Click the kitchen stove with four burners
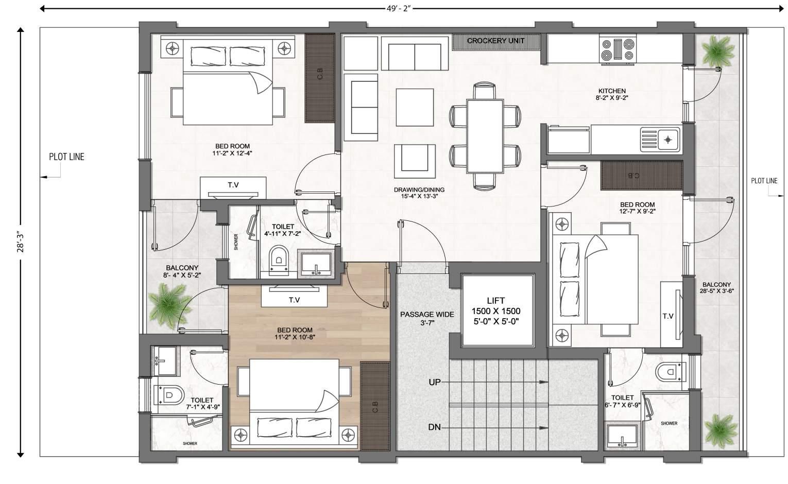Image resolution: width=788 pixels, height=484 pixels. point(618,49)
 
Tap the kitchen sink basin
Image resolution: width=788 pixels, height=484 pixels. point(660,140)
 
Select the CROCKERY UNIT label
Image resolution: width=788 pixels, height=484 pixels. point(496,41)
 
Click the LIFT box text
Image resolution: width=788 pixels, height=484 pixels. point(496,311)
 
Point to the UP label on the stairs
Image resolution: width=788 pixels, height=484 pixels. point(435,382)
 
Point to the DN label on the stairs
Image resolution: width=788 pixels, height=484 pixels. point(435,427)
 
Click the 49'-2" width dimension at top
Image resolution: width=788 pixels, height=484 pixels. point(399,8)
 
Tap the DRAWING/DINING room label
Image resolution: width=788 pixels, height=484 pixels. point(419,193)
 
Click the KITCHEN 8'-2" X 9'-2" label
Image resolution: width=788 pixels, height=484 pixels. point(612,94)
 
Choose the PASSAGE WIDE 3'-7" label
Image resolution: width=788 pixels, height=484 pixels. point(427,318)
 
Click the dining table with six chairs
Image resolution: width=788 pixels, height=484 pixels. point(485,136)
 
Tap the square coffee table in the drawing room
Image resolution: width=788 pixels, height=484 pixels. point(415,107)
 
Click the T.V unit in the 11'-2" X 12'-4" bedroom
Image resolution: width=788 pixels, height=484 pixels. point(233,188)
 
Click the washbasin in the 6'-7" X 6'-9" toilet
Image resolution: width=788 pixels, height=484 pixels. point(622,436)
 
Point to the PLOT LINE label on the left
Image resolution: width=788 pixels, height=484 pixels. point(66,157)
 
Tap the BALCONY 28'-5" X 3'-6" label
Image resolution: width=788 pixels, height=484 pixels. point(716,288)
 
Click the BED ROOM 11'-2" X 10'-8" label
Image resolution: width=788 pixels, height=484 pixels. point(295,334)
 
